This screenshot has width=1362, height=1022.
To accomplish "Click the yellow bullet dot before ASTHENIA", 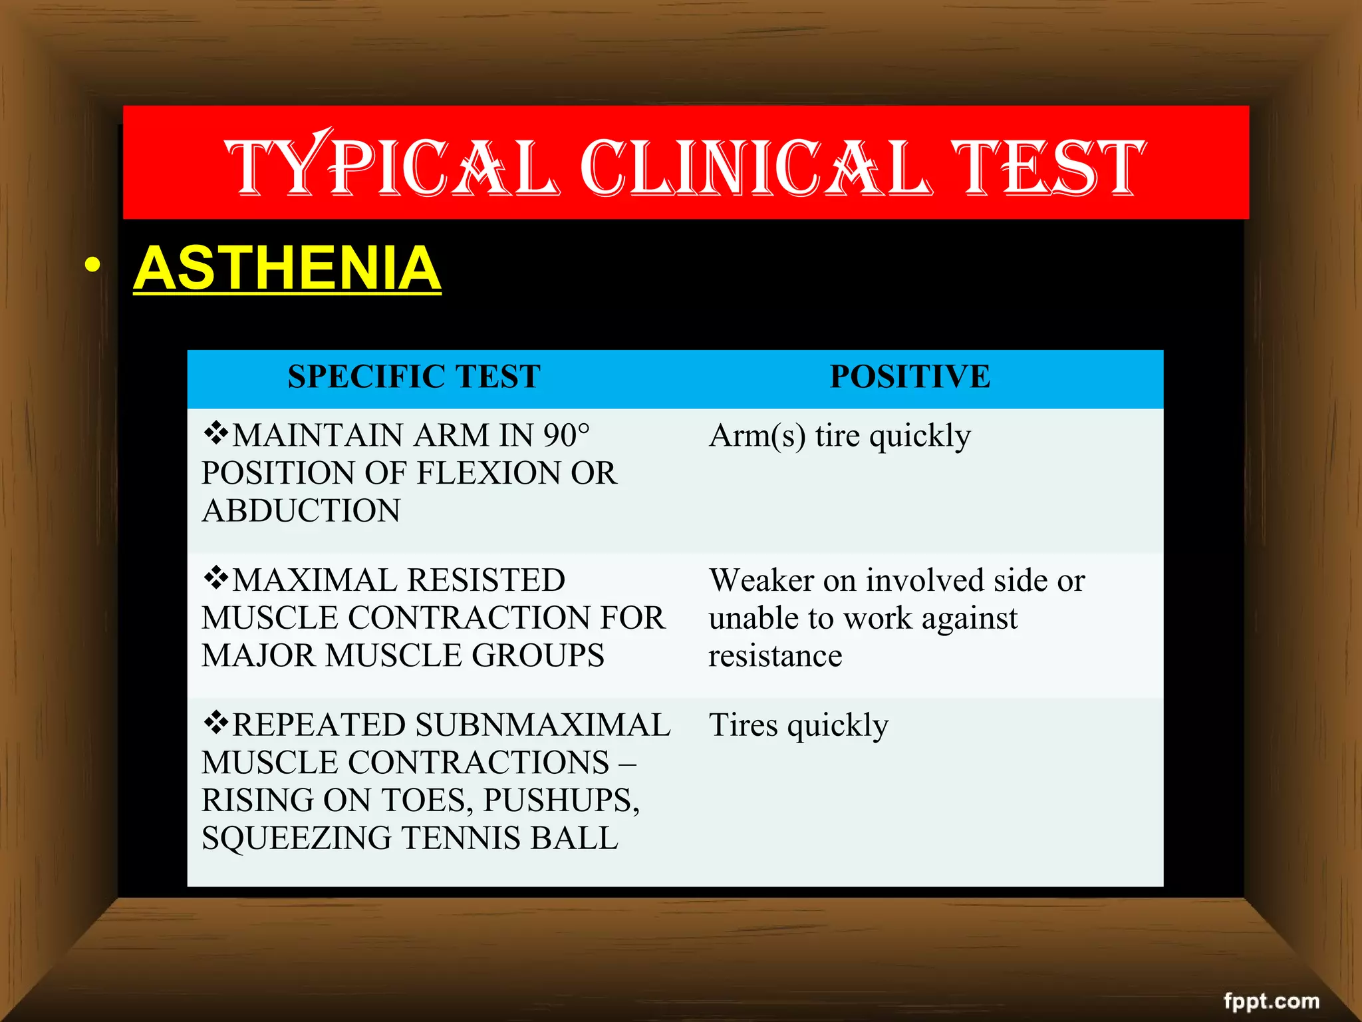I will [93, 265].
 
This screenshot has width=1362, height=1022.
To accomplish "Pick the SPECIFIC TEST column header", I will [414, 377].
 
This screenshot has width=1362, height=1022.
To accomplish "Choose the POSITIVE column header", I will [910, 377].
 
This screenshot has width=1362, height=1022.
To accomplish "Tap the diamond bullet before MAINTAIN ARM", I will [216, 433].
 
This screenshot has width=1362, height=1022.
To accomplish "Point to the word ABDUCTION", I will [301, 511].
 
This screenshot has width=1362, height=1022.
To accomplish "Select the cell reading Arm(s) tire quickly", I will [839, 436].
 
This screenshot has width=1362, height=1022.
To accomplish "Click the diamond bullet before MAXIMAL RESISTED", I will [216, 578].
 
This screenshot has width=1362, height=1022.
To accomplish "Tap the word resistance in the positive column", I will [775, 656].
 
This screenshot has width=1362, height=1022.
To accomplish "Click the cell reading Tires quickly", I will [798, 725].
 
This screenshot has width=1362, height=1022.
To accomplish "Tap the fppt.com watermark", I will [1271, 1001].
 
